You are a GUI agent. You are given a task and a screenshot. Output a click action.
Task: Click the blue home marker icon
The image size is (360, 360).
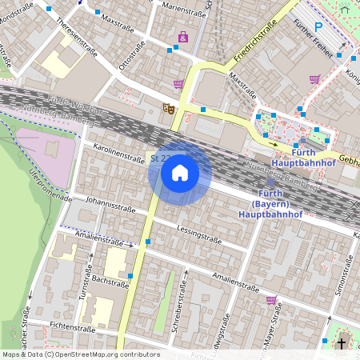click(x=180, y=173)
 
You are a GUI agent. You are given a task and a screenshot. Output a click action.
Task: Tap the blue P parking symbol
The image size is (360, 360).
click(x=318, y=26)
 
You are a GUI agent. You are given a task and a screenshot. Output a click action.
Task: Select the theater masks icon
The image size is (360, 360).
click(x=168, y=107)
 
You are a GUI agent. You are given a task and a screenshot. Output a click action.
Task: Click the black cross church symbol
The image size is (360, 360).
click(x=342, y=344)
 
